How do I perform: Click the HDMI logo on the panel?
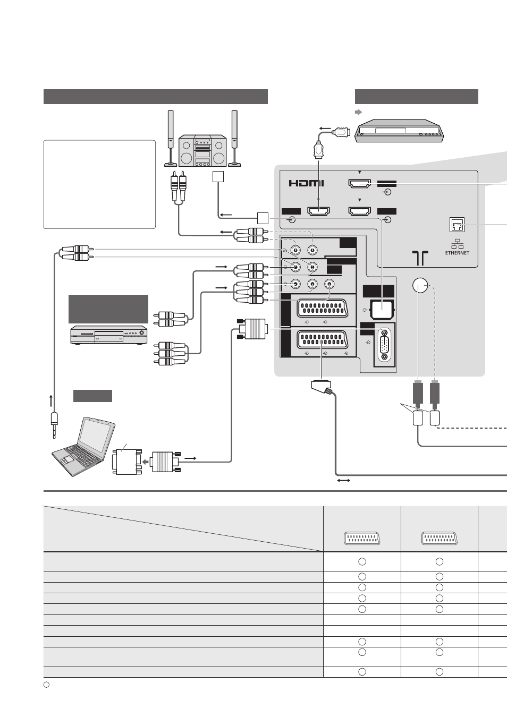coord(306,183)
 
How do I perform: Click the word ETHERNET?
coord(457,253)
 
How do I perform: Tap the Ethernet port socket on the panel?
coord(457,224)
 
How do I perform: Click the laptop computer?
coord(83,447)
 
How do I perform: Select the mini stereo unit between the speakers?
coord(202,150)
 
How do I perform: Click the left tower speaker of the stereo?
coord(171,138)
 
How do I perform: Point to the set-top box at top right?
coord(399,131)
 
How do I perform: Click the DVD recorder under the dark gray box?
coord(109,335)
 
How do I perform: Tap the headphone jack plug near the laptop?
coord(54,425)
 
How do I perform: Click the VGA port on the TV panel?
coord(384,344)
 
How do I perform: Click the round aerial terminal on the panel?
coord(420,286)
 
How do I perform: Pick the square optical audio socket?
coord(382,310)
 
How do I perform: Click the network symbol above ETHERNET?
coord(457,244)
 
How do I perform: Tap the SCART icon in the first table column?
coord(362,539)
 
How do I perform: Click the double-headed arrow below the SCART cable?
coord(344,480)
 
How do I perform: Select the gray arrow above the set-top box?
coord(358,112)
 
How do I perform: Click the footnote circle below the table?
coord(46,685)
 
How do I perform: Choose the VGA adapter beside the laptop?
coord(127,462)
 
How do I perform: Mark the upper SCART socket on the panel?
coord(322,308)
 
